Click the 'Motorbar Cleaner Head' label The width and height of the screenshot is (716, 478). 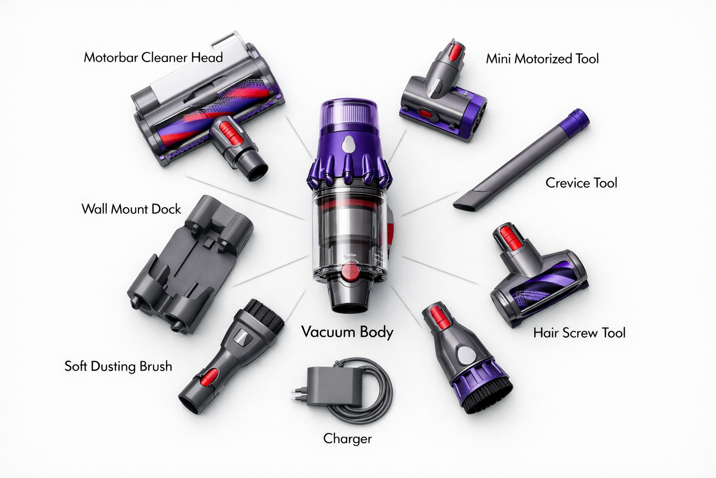coord(153,57)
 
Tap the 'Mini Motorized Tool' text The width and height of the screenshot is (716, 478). coord(542,59)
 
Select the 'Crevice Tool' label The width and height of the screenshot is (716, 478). coord(581,183)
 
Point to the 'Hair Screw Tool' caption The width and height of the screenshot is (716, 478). coord(579,333)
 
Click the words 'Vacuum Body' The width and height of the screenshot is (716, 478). coord(347,332)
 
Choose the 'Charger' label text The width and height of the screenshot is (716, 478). coord(347,438)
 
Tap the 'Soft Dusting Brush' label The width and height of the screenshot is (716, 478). coord(118,366)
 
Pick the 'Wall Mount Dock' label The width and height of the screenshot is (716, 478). coord(131,209)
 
